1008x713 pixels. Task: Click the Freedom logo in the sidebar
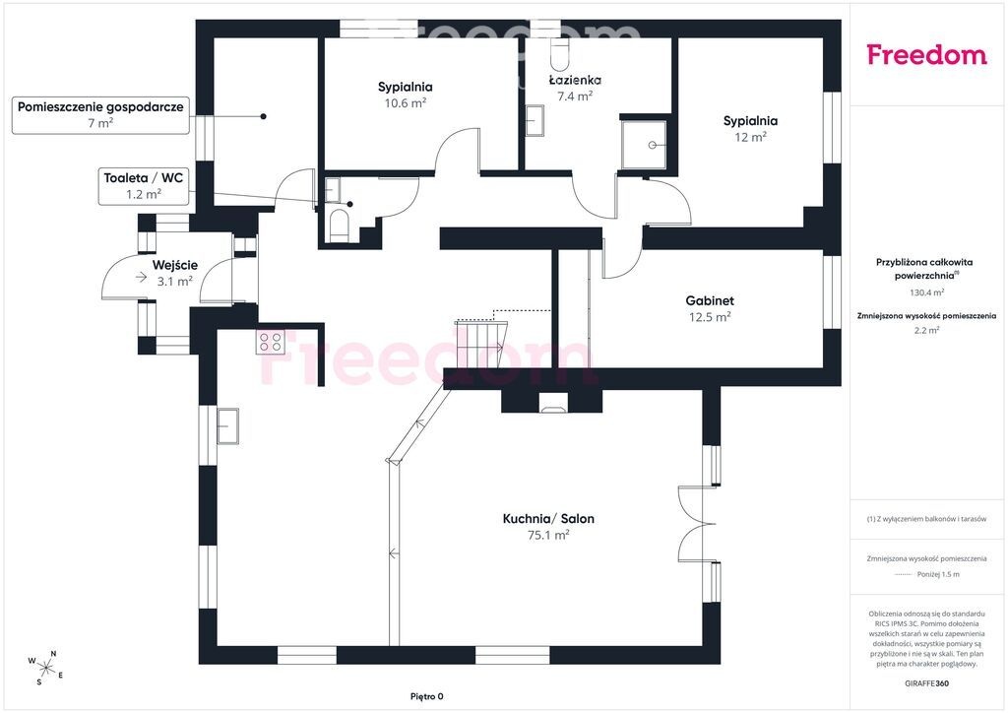tap(926, 54)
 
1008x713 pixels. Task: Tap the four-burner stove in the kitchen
tap(271, 342)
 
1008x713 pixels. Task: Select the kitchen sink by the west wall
tap(227, 426)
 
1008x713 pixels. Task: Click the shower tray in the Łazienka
tap(644, 146)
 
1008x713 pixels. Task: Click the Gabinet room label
tap(710, 300)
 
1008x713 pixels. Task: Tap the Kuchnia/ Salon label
tap(548, 518)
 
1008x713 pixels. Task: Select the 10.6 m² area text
tap(405, 102)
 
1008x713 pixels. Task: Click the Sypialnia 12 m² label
tap(750, 128)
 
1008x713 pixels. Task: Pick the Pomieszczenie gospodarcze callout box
tap(101, 115)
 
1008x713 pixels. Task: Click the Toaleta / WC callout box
tap(144, 186)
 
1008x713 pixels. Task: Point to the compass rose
tap(45, 668)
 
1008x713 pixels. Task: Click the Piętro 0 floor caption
tap(427, 696)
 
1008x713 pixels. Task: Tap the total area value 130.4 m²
tap(926, 292)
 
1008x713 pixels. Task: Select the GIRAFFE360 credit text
tap(926, 683)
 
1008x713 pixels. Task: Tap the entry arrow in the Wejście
tap(141, 277)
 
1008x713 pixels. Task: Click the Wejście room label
tap(175, 265)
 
